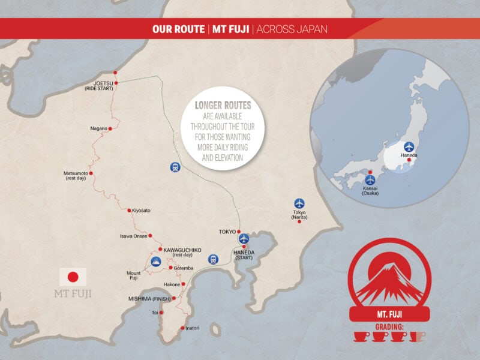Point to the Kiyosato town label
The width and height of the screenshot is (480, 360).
tap(142, 211)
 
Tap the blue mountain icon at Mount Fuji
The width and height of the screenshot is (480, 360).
tap(156, 262)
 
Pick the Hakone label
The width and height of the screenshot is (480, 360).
tap(172, 284)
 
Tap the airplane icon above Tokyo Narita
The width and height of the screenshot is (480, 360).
tap(299, 203)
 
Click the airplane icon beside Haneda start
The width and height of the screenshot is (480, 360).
tap(244, 239)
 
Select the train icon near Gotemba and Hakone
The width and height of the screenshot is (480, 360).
tap(213, 259)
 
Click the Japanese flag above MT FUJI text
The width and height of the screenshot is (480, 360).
tap(73, 277)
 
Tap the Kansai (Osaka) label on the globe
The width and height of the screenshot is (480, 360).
tap(370, 191)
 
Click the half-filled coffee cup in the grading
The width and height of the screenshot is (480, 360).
tap(417, 337)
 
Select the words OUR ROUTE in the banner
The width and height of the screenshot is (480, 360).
tap(176, 29)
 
